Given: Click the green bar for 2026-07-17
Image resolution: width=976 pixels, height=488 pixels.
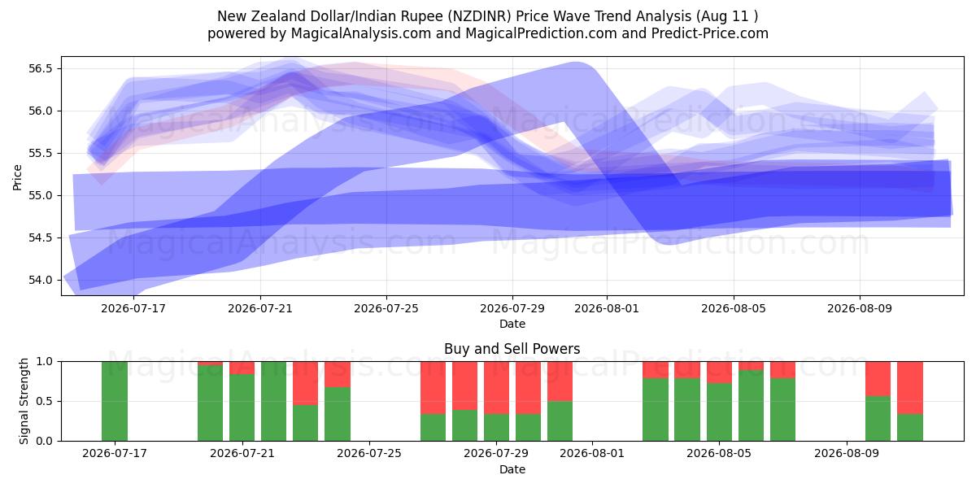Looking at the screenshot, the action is [115, 401].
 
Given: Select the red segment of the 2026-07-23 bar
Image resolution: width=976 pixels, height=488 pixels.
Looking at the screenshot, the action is [306, 383].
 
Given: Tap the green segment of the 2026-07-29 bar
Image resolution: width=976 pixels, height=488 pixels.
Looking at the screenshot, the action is [496, 428].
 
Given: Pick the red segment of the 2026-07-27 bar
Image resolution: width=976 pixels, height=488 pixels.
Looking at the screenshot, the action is [433, 388].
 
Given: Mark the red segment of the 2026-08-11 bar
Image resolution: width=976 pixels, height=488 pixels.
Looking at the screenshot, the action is [910, 388].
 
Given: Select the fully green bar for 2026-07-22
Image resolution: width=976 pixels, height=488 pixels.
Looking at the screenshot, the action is [273, 401].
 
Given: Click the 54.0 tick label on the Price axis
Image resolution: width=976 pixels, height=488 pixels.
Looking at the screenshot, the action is [40, 280].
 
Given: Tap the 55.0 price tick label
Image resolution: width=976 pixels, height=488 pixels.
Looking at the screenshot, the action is [40, 196].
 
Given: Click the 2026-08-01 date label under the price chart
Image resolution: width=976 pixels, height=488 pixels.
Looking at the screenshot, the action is [607, 308].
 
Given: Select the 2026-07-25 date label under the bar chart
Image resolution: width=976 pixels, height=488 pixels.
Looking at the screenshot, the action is [369, 453].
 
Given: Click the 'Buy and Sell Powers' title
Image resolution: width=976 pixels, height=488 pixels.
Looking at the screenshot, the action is [512, 349].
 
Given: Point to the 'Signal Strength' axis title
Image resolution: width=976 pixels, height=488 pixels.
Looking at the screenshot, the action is [24, 401].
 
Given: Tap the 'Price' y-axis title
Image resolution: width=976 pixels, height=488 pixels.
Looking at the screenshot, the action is [17, 178].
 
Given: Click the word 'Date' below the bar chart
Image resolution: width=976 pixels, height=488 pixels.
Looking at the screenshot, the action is [512, 469].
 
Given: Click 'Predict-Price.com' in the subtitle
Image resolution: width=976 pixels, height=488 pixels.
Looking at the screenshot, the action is [710, 33].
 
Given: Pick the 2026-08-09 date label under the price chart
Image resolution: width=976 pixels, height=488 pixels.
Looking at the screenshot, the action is [860, 308].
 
